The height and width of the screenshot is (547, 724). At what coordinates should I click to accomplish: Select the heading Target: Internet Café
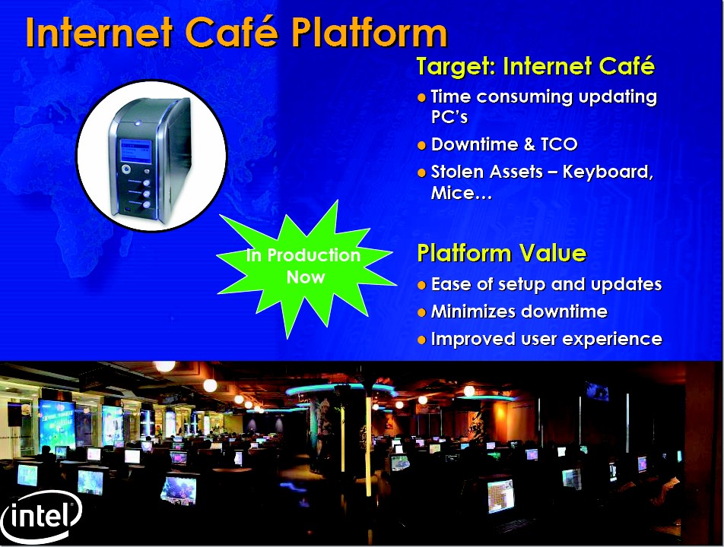tap(535, 66)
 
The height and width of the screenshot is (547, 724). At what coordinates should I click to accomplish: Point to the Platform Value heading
tap(501, 253)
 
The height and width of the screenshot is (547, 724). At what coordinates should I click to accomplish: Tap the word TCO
tap(559, 144)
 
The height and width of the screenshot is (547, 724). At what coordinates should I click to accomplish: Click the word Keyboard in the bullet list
tap(608, 172)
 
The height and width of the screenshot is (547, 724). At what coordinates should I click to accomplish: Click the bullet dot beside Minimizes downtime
tap(421, 312)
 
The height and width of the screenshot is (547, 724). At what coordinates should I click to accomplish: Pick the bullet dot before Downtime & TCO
tap(421, 145)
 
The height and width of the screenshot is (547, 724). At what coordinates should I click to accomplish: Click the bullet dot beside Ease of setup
tap(421, 285)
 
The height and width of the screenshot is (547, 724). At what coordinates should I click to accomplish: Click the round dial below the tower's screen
tap(126, 169)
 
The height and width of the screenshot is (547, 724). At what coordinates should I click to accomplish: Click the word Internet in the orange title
tap(99, 31)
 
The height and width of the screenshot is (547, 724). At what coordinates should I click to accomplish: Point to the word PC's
tap(449, 117)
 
